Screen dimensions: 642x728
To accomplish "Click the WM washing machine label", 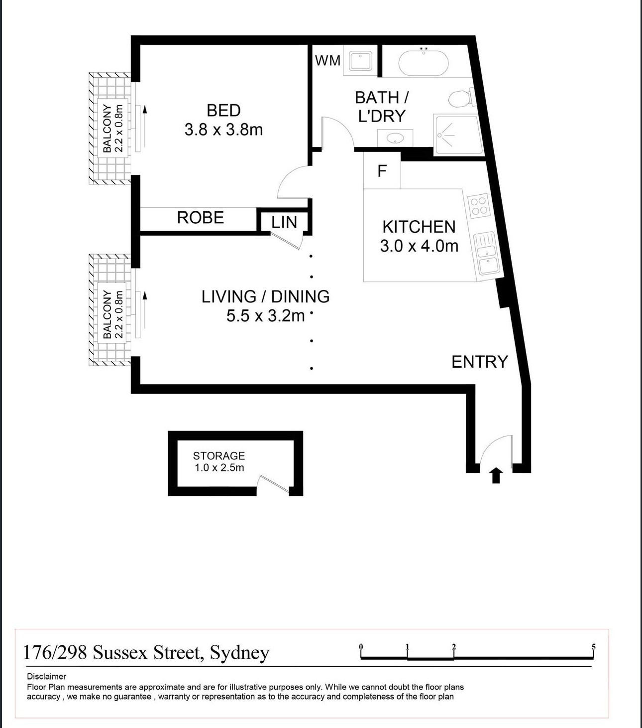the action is tap(327, 60).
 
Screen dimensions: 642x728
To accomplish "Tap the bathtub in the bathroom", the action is tap(424, 63).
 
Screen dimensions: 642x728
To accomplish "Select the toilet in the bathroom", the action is tap(461, 98).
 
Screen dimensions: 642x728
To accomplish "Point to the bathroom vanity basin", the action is tap(395, 138).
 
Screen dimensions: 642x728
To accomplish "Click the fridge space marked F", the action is tap(382, 171).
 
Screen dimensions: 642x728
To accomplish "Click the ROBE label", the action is tap(200, 217).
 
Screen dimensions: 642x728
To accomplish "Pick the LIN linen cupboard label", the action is tap(284, 222).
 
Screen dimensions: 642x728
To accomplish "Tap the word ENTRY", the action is tap(480, 362).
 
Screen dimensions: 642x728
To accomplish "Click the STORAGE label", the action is tap(219, 455).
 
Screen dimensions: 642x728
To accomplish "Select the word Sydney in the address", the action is tap(240, 653).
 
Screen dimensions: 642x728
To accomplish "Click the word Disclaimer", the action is tap(47, 676).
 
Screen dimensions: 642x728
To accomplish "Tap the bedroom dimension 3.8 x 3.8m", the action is tap(223, 130).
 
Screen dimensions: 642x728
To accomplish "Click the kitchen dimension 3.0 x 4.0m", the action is tap(419, 246).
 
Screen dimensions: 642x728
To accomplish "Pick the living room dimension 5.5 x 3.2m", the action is tap(266, 316).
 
